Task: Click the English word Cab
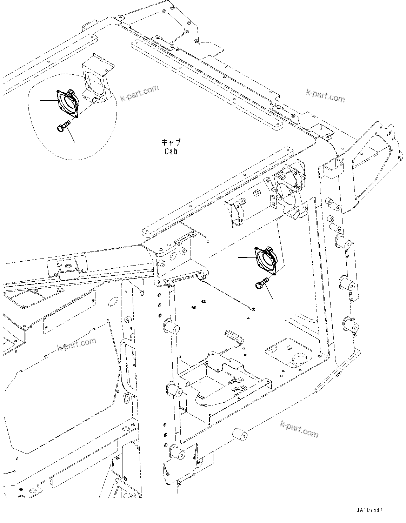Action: (171, 151)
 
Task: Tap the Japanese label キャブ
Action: (171, 142)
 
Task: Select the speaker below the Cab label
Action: (266, 260)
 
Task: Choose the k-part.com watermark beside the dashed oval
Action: (139, 93)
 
